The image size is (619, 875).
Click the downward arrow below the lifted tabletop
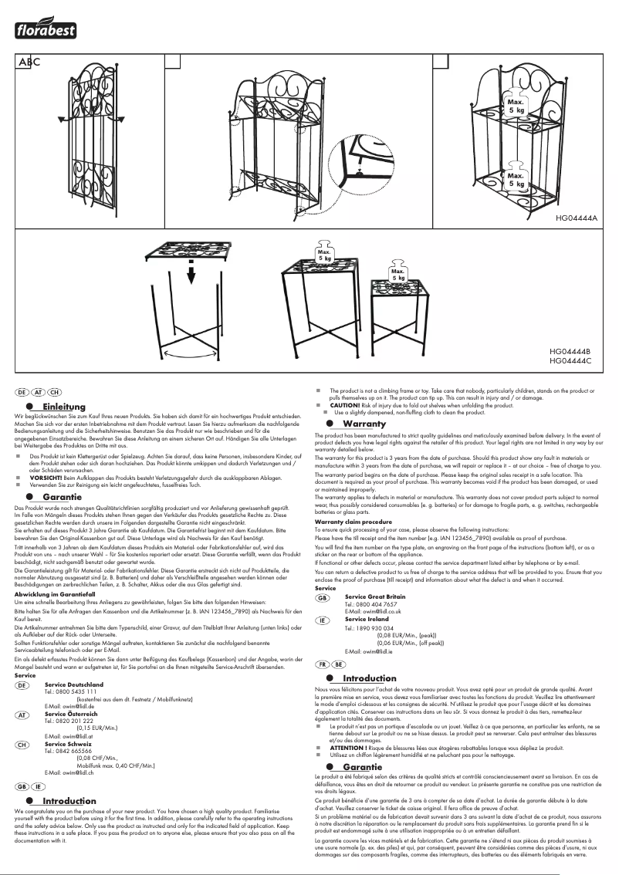click(x=190, y=277)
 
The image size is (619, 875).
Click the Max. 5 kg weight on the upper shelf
click(x=516, y=106)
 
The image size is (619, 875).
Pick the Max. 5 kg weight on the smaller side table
click(x=398, y=274)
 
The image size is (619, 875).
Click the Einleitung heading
click(x=64, y=407)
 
